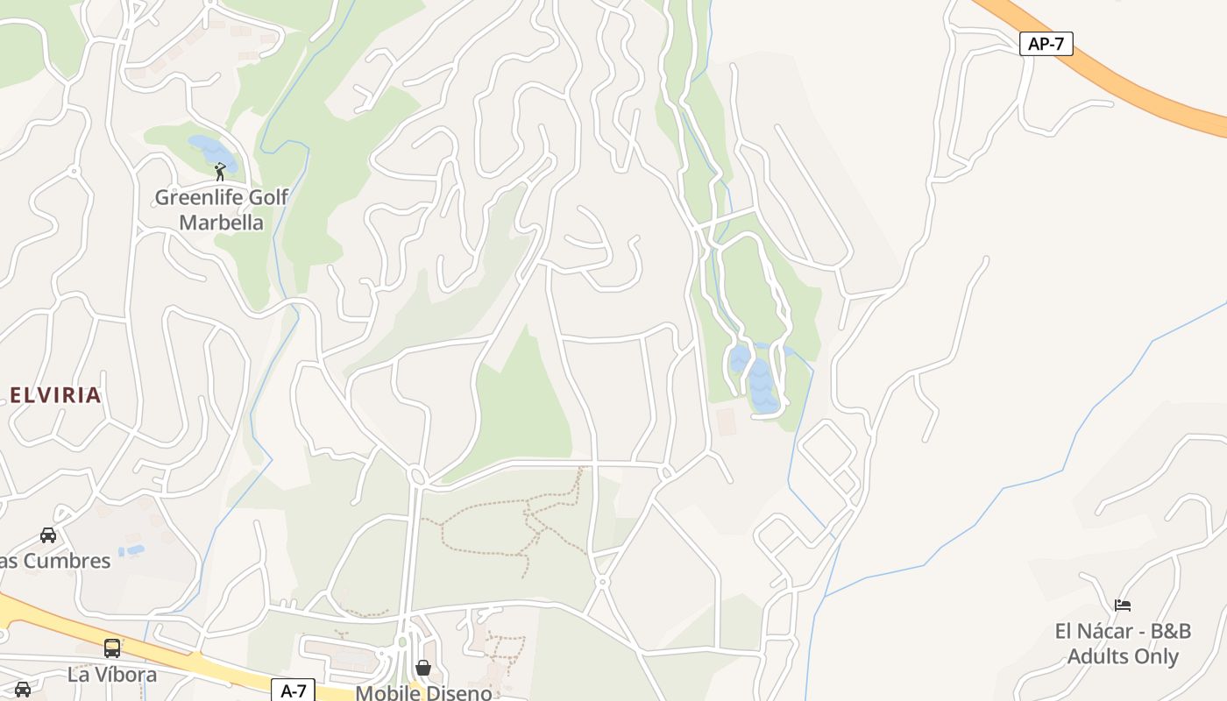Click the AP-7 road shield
point(1046,44)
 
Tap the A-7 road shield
point(293,690)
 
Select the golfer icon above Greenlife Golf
point(220,171)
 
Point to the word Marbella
point(221,223)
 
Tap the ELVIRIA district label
point(56,395)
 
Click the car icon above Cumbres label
point(48,535)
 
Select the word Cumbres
point(67,561)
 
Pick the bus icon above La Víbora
point(112,648)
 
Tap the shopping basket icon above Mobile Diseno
point(423,668)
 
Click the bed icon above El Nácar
point(1123,605)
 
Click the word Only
point(1157,656)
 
